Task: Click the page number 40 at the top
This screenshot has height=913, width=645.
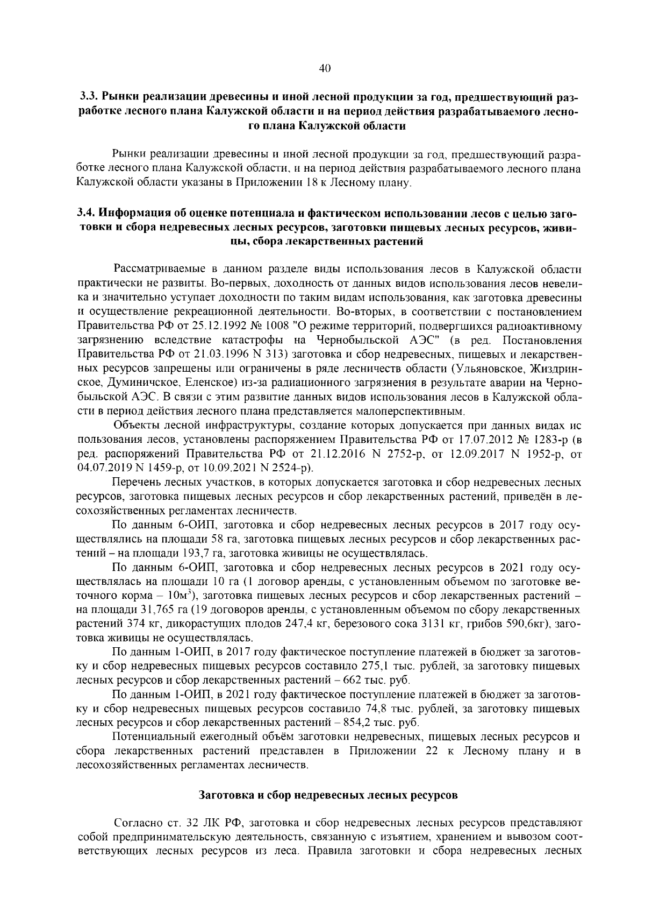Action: [x=324, y=68]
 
